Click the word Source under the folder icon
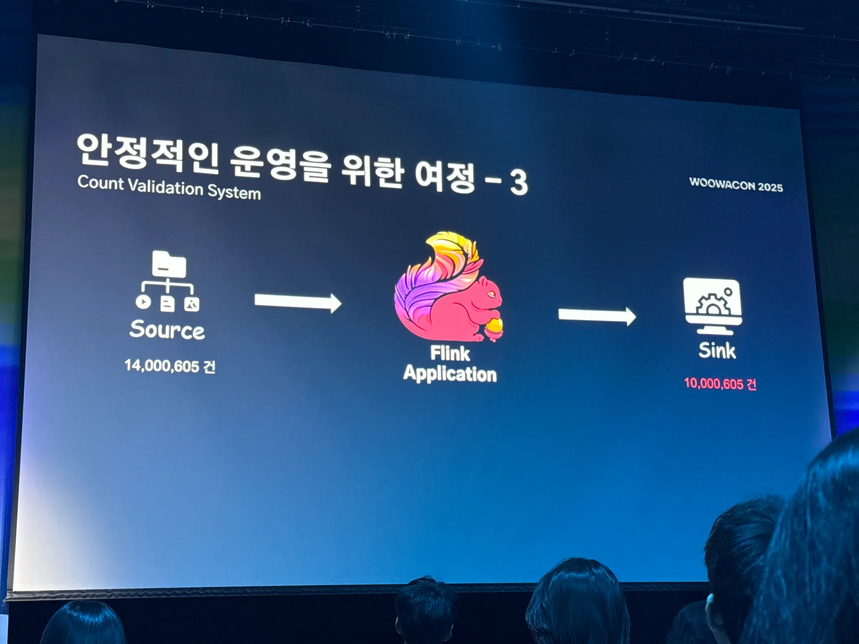click(167, 330)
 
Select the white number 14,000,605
click(162, 366)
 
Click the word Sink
click(717, 351)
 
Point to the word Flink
click(450, 353)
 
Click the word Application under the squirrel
click(450, 374)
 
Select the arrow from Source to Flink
click(298, 302)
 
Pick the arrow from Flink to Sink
click(597, 316)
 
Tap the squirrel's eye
click(492, 294)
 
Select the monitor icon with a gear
click(713, 305)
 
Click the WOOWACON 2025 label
click(736, 185)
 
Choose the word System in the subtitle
click(234, 192)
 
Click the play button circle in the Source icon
click(143, 302)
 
